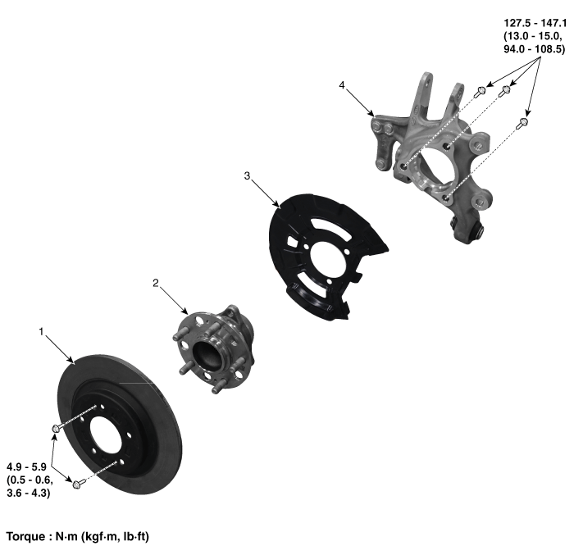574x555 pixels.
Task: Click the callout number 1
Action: (x=41, y=332)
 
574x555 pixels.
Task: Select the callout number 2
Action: (x=156, y=283)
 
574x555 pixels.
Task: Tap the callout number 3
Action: (x=247, y=175)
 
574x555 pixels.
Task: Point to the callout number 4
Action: (x=342, y=85)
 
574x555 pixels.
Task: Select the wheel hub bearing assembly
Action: (x=214, y=348)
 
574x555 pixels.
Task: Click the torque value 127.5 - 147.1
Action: (x=535, y=23)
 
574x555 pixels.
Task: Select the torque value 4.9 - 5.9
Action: (x=26, y=467)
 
